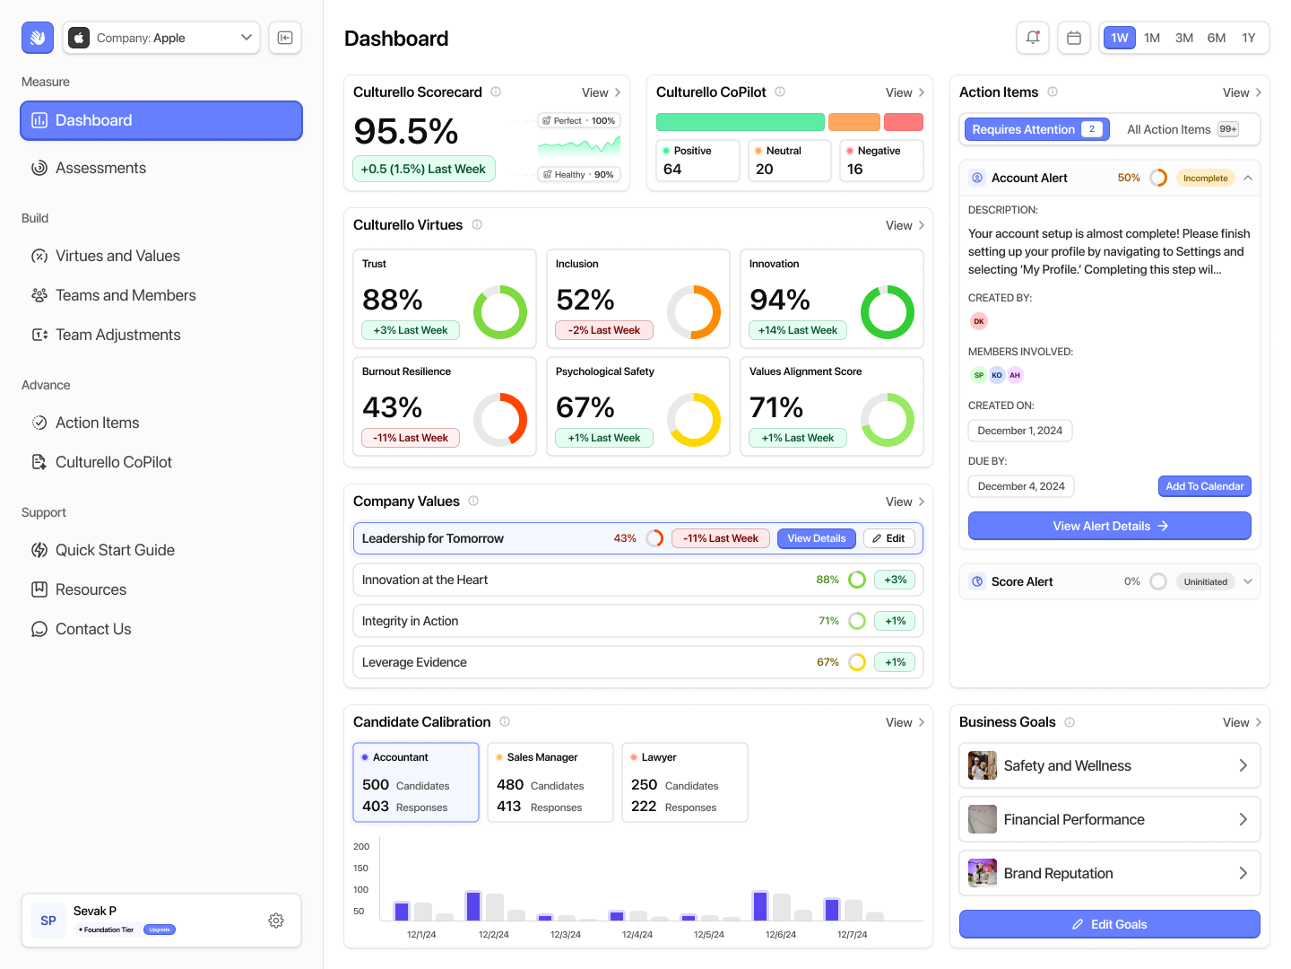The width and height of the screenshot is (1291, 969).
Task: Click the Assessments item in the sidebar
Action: point(100,168)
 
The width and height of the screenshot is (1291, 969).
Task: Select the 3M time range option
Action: point(1183,38)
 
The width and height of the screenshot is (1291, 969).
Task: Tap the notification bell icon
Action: point(1033,38)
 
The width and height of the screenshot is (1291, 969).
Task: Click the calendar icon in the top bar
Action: point(1073,38)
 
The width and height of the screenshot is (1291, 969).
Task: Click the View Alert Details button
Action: point(1109,526)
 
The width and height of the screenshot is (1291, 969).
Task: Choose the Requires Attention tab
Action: point(1036,129)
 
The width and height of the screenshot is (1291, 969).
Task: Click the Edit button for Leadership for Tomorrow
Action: point(888,538)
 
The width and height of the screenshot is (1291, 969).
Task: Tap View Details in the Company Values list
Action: point(816,538)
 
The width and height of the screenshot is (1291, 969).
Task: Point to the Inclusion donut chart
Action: point(693,312)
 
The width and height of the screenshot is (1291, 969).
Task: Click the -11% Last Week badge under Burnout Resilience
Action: point(411,438)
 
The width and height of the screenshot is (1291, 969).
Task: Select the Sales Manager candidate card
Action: point(550,781)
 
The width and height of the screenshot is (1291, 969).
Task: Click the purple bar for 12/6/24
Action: point(759,906)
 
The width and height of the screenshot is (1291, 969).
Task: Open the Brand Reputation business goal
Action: point(1109,873)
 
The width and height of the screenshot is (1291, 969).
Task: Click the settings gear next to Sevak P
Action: point(276,921)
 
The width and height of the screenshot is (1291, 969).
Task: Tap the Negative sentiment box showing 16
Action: point(880,161)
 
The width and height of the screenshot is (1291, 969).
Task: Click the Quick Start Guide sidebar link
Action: point(115,550)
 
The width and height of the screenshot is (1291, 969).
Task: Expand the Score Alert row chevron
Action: point(1247,581)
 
